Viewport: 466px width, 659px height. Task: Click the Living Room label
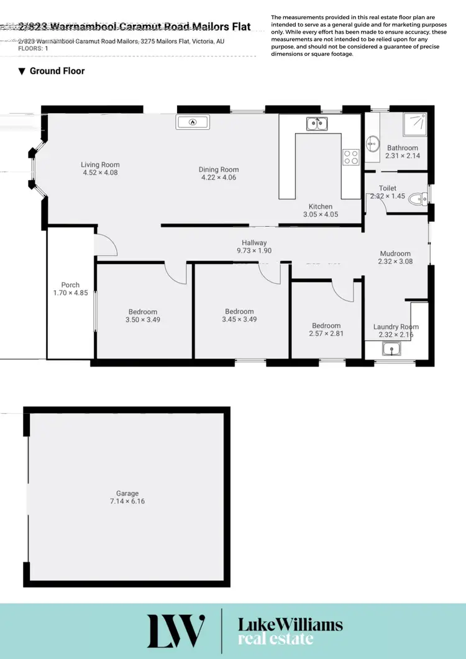(x=100, y=165)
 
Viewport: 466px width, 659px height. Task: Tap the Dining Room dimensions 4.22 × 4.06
(x=219, y=178)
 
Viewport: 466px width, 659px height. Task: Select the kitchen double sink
(x=317, y=124)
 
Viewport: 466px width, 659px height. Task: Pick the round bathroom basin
(x=373, y=143)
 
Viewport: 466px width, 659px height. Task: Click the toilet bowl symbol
(x=423, y=199)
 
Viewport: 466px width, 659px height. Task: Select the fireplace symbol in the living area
(x=193, y=122)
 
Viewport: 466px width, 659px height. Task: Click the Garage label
(x=127, y=493)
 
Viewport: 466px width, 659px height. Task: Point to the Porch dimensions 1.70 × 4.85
(x=71, y=293)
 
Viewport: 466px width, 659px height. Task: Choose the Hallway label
(x=255, y=243)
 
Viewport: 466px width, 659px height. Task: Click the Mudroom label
(x=395, y=253)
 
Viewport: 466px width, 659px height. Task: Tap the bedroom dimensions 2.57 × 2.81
(x=326, y=334)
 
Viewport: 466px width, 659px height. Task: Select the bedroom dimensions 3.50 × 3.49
(x=143, y=320)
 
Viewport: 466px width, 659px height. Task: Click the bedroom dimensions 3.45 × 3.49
(x=239, y=320)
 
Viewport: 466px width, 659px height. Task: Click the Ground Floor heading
(x=57, y=71)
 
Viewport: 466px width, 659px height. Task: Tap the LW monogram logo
(x=175, y=630)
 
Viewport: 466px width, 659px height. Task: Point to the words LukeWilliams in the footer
(x=290, y=624)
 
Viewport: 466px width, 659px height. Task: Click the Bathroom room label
(x=403, y=148)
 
